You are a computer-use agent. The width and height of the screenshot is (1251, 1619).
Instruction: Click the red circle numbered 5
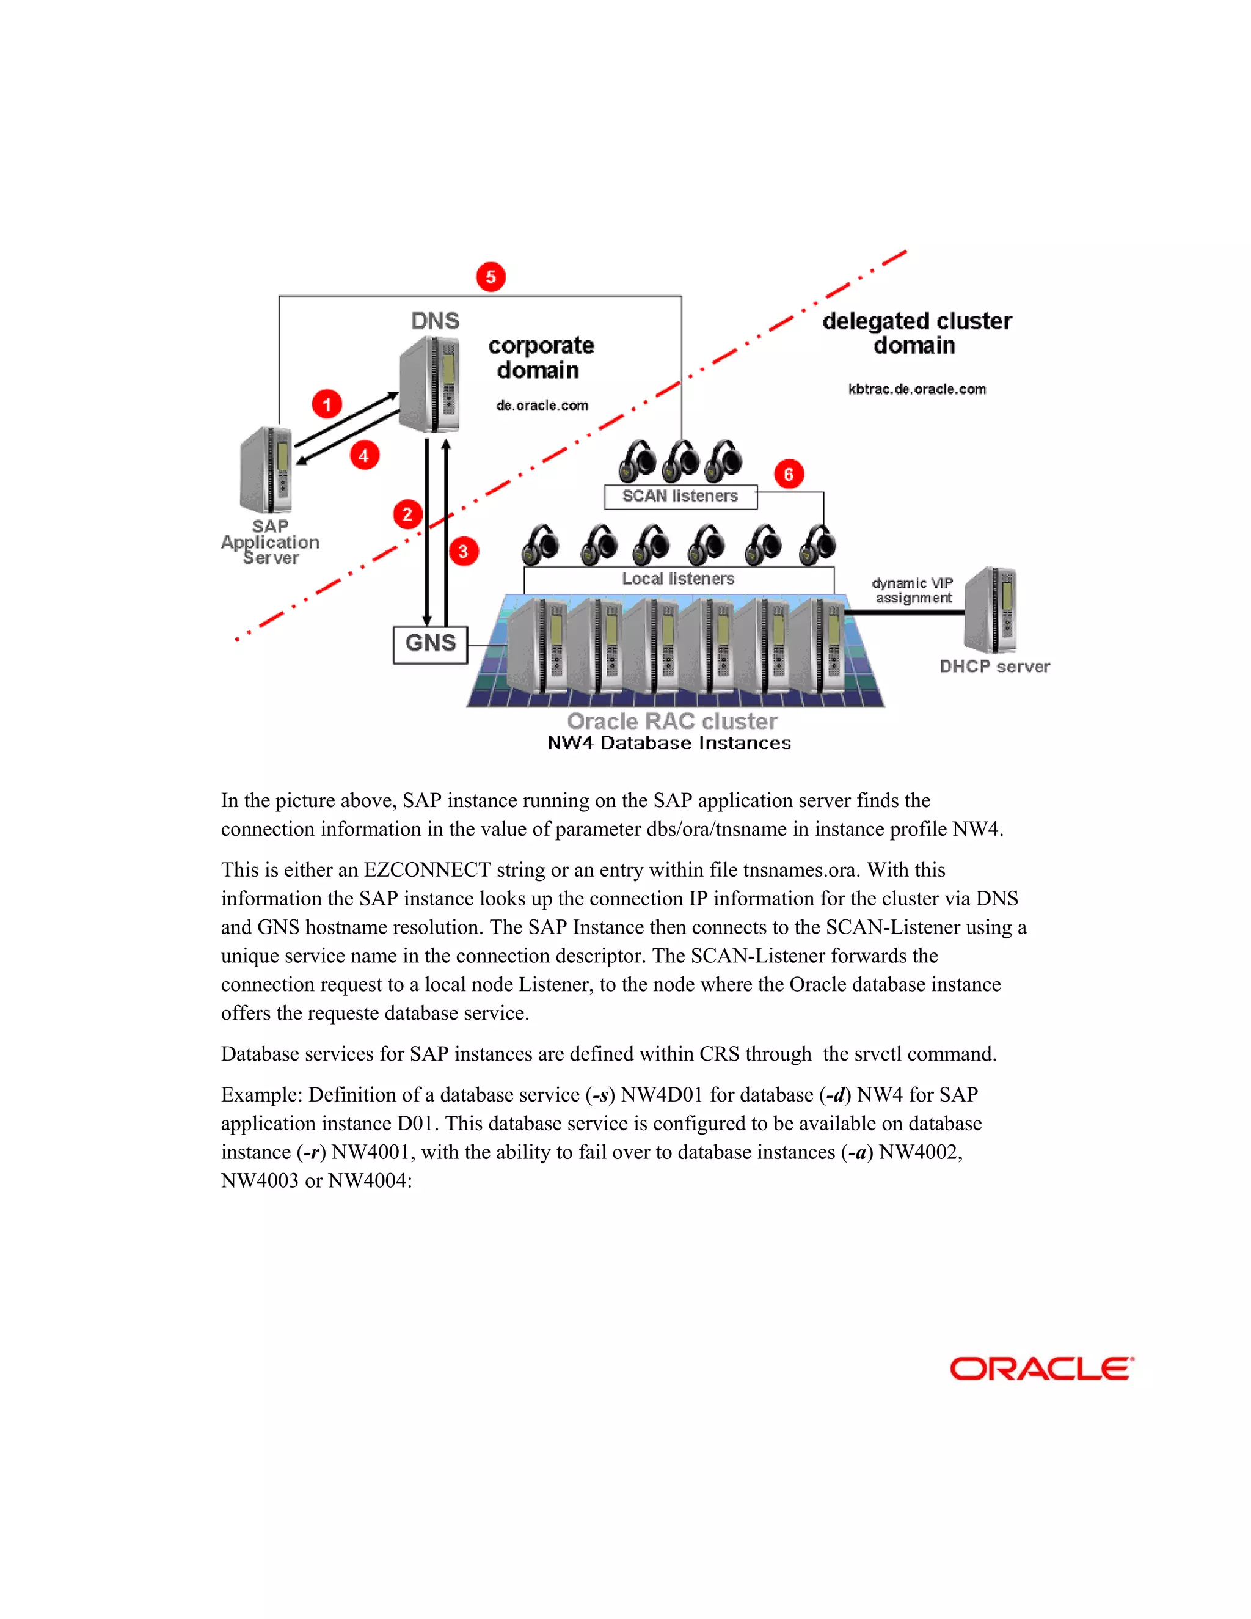click(x=491, y=277)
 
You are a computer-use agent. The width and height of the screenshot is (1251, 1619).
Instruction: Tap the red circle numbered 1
click(x=327, y=404)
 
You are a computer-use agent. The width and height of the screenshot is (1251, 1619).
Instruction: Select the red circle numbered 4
click(x=364, y=455)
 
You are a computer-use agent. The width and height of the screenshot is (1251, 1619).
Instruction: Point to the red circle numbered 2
click(x=407, y=514)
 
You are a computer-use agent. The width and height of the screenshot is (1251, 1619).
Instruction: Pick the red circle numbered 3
click(x=463, y=551)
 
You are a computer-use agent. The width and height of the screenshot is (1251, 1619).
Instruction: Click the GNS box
click(x=431, y=644)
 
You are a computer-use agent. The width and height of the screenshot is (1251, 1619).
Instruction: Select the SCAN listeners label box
click(x=680, y=497)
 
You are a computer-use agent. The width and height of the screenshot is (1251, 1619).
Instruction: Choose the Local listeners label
click(x=678, y=579)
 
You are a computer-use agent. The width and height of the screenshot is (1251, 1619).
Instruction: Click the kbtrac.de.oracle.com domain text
click(x=917, y=389)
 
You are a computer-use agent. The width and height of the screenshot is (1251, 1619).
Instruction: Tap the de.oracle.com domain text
click(x=542, y=406)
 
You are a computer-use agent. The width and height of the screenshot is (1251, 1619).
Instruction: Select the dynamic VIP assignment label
click(x=913, y=591)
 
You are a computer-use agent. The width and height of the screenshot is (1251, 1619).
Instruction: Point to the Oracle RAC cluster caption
click(x=671, y=722)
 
